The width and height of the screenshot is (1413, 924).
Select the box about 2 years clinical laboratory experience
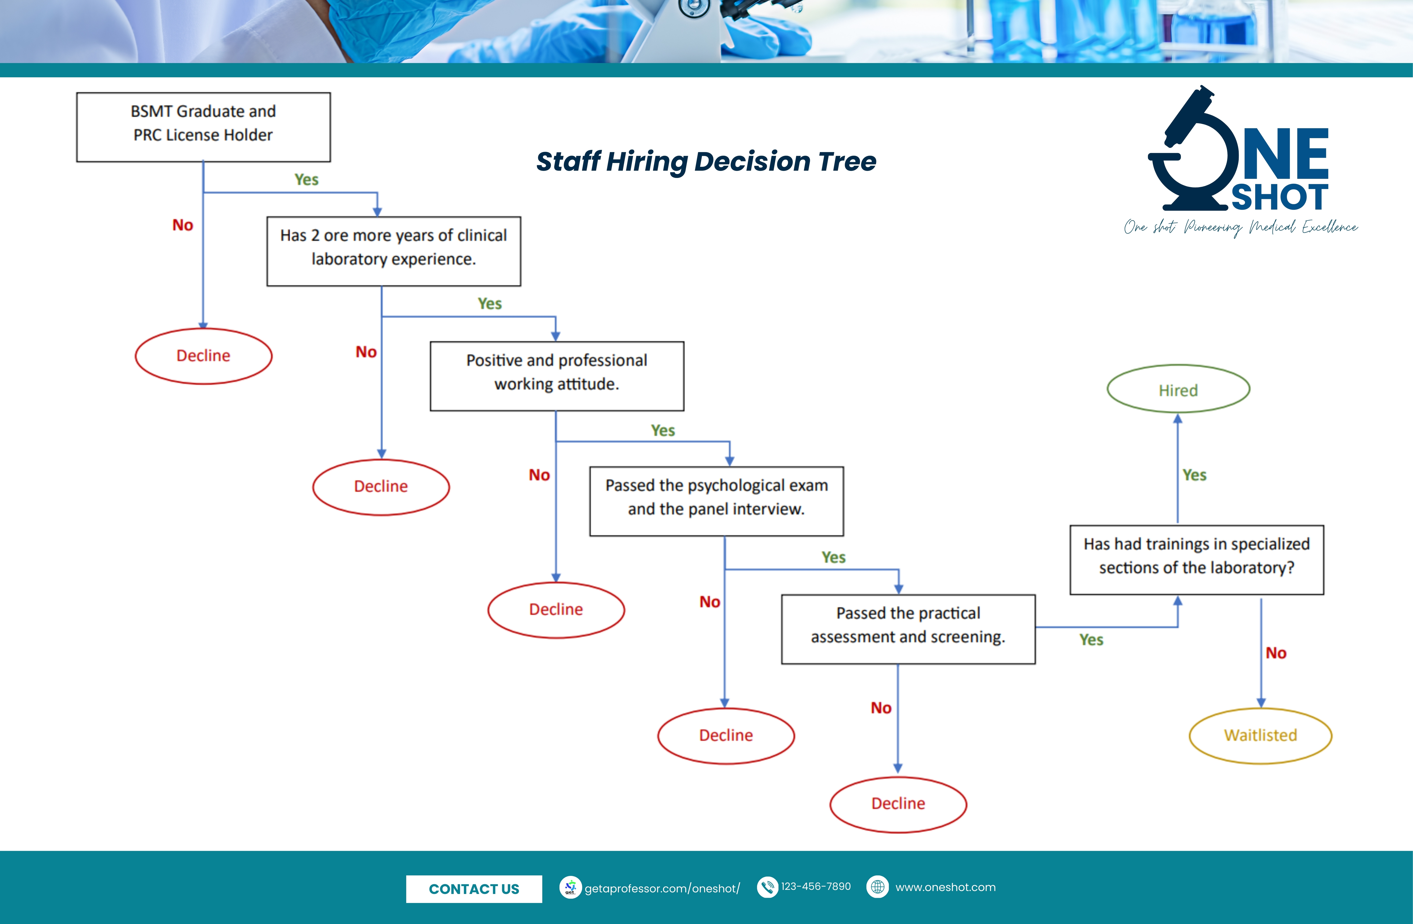[394, 251]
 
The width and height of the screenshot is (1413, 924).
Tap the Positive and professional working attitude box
[557, 376]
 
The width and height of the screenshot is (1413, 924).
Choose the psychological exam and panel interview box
[717, 501]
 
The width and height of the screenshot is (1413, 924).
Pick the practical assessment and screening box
[908, 629]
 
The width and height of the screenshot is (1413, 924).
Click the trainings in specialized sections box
[1197, 559]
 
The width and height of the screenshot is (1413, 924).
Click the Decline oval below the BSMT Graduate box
[204, 356]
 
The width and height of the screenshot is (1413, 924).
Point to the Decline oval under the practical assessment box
[898, 804]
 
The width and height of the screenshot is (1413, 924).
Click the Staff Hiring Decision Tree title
[706, 161]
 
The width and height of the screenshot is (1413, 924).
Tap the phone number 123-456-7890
[816, 887]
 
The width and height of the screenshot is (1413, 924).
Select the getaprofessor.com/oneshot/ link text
[662, 888]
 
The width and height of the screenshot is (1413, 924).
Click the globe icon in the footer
[877, 887]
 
